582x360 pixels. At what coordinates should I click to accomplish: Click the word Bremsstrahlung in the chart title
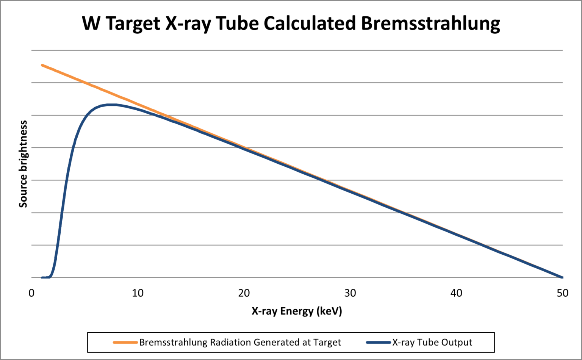(430, 23)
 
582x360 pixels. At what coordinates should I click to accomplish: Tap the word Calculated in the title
(310, 23)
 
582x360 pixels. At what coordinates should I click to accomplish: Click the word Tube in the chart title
(238, 23)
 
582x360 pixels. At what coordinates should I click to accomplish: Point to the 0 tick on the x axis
(31, 293)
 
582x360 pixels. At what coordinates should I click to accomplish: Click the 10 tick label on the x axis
(138, 293)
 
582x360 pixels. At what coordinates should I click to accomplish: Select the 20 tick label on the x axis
(244, 293)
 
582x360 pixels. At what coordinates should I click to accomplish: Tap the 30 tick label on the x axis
(350, 293)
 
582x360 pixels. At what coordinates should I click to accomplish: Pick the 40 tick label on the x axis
(456, 293)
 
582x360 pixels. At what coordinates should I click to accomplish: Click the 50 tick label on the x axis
(563, 293)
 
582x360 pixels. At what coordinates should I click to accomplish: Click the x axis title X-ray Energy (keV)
(297, 311)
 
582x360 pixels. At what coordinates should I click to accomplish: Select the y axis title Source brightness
(23, 164)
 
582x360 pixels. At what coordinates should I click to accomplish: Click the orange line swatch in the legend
(125, 343)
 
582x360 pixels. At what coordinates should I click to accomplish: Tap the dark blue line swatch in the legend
(378, 343)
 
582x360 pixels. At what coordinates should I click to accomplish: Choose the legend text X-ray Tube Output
(432, 343)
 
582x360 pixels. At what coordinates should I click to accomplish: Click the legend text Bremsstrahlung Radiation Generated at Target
(240, 343)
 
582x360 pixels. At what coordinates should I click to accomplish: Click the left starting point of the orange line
(42, 65)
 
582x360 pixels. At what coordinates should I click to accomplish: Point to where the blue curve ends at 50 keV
(562, 277)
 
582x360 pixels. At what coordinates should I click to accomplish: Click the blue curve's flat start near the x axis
(45, 277)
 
